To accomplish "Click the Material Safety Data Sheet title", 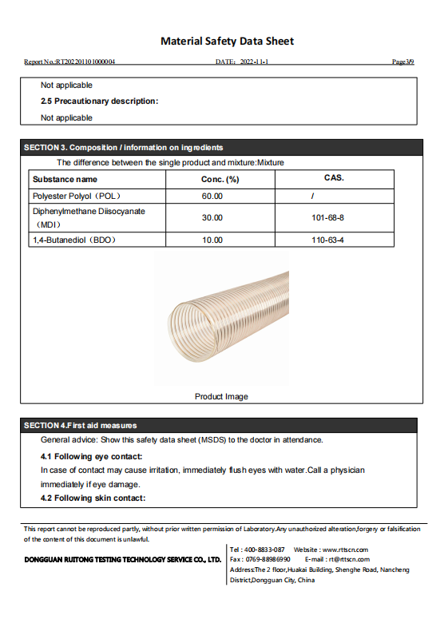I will (228, 41).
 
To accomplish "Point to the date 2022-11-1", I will (253, 62).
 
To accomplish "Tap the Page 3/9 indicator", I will (403, 62).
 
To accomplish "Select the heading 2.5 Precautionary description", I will (100, 101).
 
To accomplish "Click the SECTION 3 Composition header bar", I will (220, 148).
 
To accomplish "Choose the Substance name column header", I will (65, 180).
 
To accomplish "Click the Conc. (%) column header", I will (220, 180).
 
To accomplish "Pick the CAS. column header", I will (334, 177).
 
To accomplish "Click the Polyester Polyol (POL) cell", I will (77, 196).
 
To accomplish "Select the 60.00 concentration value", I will (212, 196).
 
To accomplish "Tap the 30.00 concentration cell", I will (212, 217).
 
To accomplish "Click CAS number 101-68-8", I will (327, 217).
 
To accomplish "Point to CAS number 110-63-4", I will (327, 240).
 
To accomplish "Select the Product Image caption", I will (221, 397).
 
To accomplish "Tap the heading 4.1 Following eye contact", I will (92, 456).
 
